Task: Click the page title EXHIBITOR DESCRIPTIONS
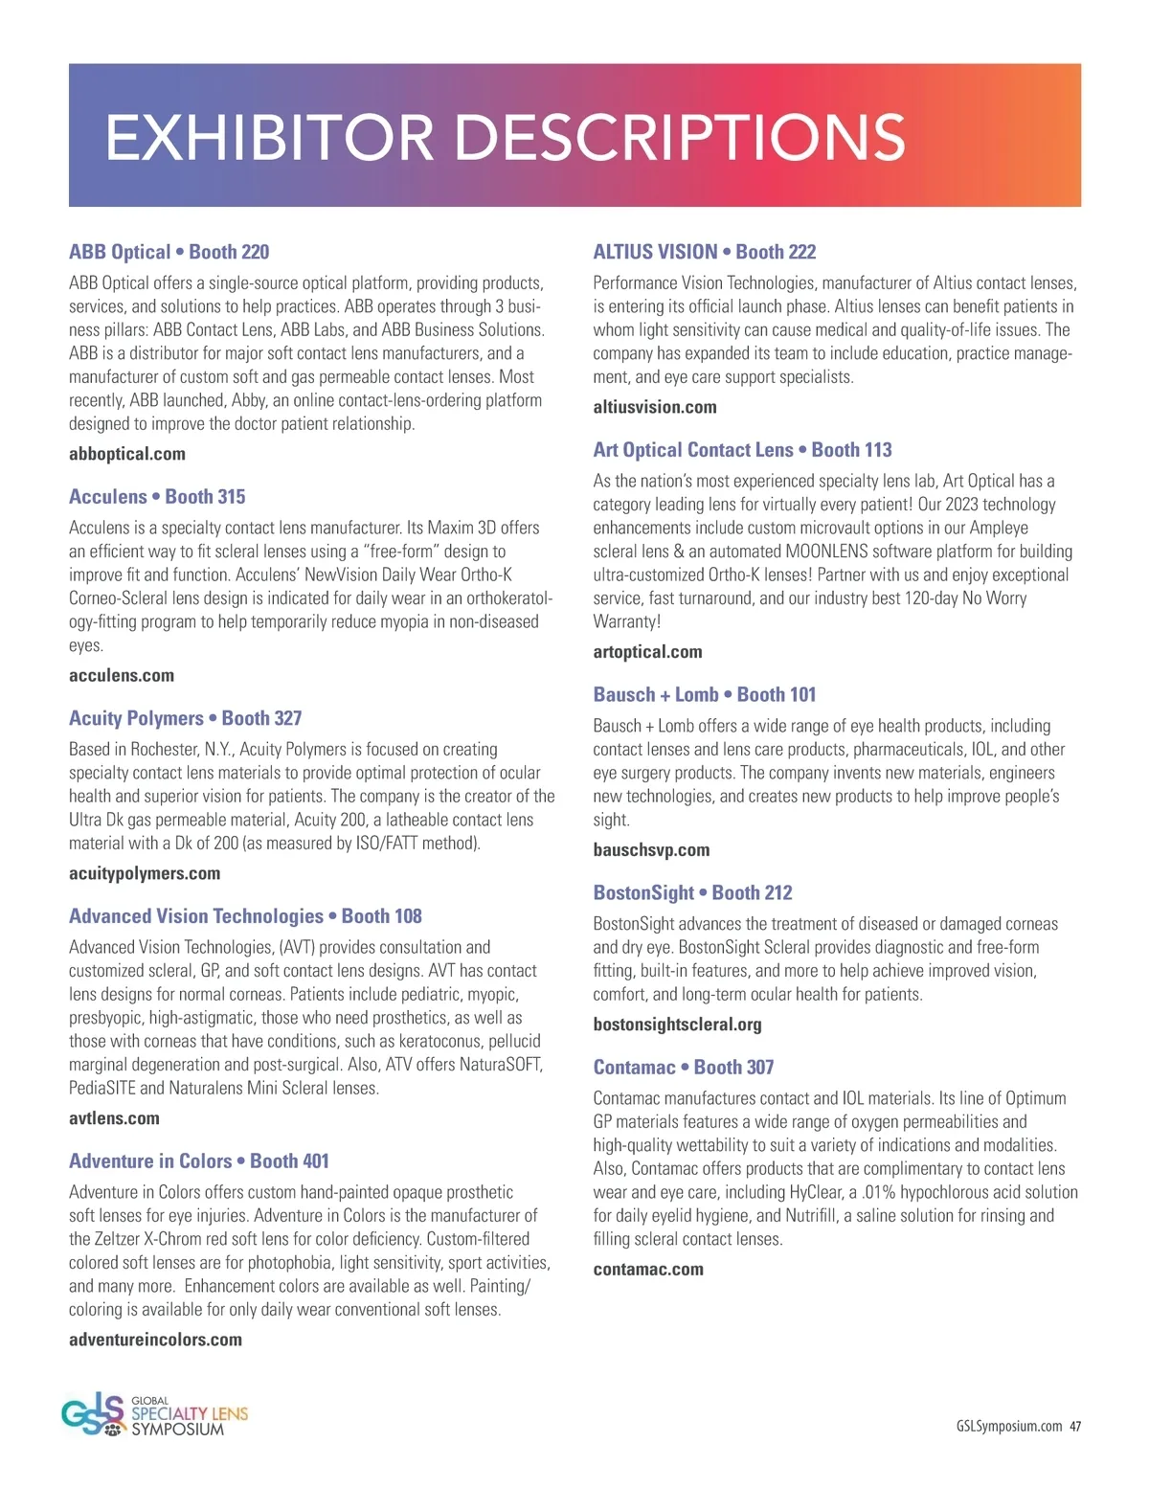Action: coord(505,137)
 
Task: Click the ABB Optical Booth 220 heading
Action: coord(169,252)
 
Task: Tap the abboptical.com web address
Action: coord(127,454)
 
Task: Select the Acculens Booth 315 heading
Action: coord(157,496)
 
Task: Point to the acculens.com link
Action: coord(122,675)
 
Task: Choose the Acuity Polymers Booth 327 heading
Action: coord(185,718)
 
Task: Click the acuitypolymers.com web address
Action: coord(145,873)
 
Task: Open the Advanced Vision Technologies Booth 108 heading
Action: coord(245,916)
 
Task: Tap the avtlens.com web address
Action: coord(114,1118)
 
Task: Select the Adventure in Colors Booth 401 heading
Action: coord(198,1161)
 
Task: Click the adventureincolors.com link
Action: coord(155,1340)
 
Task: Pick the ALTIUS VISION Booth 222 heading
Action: coord(704,252)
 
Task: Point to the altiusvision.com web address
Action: coord(654,407)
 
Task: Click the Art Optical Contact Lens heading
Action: coord(742,450)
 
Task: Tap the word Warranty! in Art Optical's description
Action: coord(627,621)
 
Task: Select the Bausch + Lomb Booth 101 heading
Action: coord(704,695)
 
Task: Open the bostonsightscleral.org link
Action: coord(677,1025)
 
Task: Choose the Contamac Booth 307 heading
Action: coord(683,1068)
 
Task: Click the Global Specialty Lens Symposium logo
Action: coord(154,1414)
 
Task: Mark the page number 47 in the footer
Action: coord(1075,1427)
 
